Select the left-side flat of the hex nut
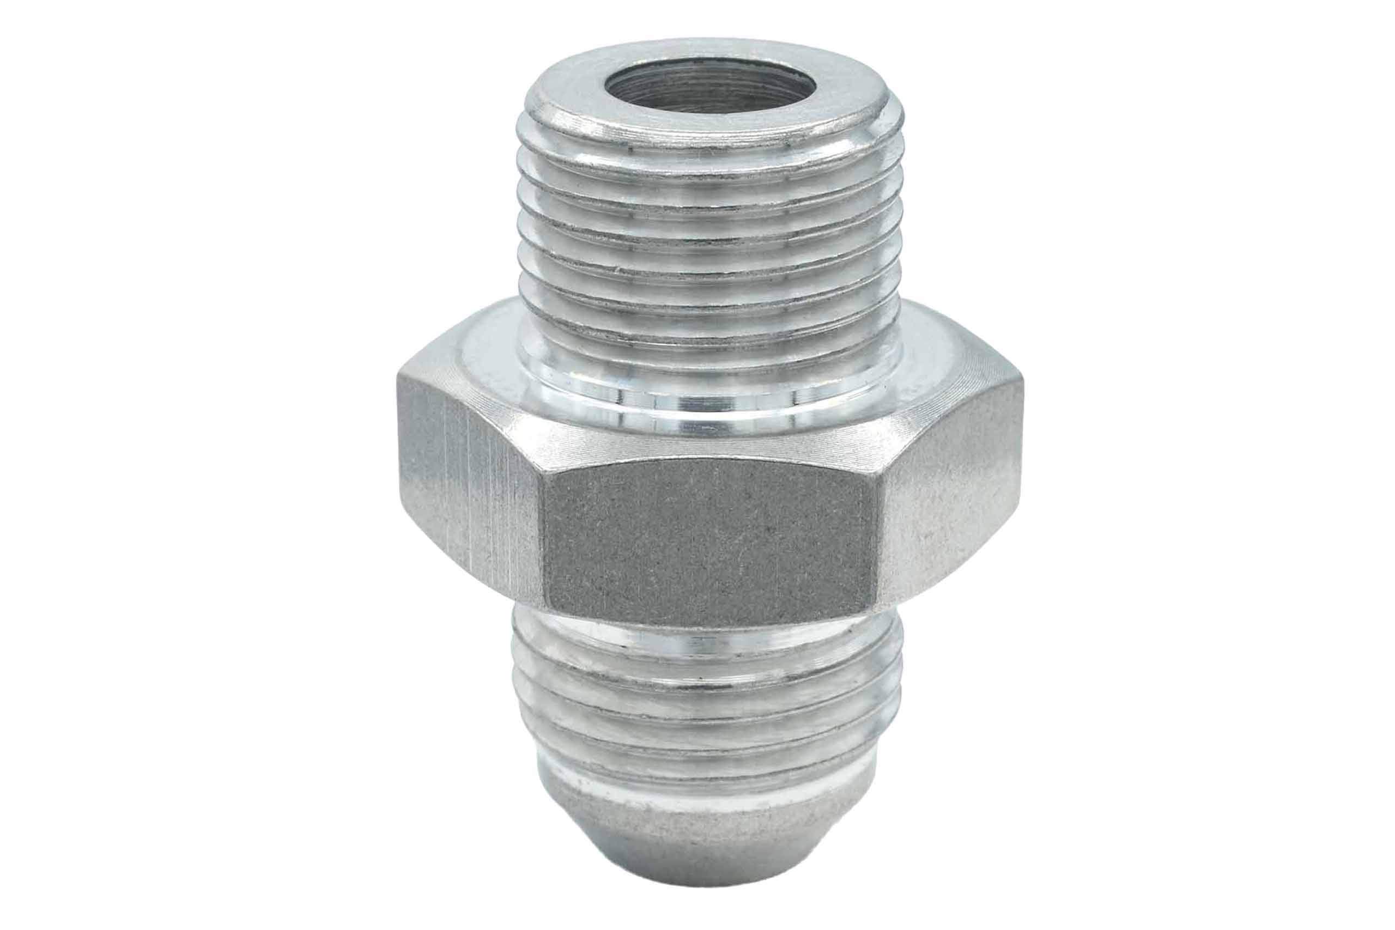point(469,498)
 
